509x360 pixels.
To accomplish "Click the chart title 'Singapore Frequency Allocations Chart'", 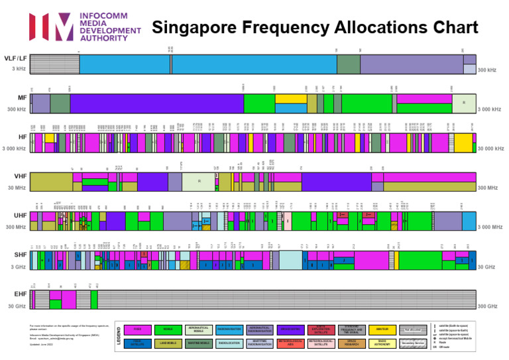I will (315, 27).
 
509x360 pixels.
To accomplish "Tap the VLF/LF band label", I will (16, 59).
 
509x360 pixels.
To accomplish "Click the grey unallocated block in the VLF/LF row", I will (54, 64).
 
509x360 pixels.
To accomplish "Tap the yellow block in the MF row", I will (290, 99).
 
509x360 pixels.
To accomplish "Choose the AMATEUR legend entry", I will (382, 330).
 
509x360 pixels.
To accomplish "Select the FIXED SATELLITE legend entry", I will (137, 343).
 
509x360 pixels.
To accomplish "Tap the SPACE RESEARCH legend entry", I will (352, 343).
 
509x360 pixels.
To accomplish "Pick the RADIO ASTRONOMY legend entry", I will (382, 343).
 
